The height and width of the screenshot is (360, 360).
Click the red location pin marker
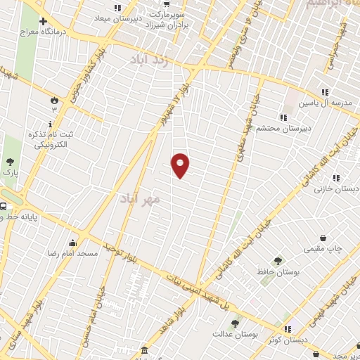tap(181, 165)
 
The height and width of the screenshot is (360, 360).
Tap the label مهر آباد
tap(141, 199)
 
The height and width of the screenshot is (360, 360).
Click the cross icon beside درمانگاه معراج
tap(44, 22)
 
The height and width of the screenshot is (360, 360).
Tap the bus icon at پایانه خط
tap(4, 207)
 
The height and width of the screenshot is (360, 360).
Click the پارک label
tap(10, 172)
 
